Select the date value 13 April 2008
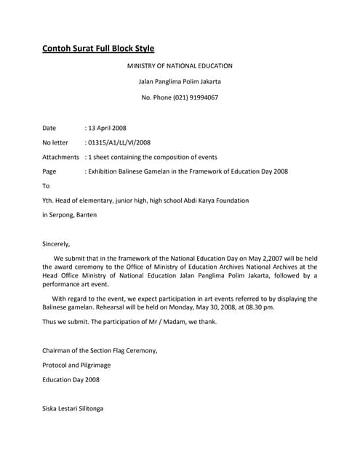pos(108,128)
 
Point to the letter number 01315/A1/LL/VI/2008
pos(120,142)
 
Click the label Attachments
pos(60,157)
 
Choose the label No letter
pos(55,142)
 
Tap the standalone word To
pos(47,186)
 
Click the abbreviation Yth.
pos(49,201)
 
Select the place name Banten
pos(84,215)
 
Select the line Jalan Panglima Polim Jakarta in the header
pos(180,81)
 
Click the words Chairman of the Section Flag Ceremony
pos(99,350)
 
